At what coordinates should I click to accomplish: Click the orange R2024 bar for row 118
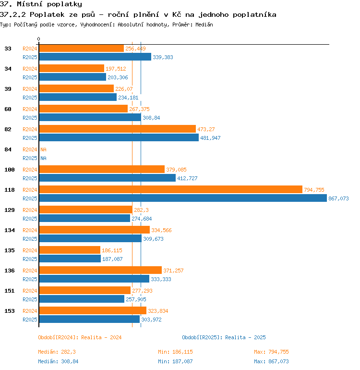point(171,189)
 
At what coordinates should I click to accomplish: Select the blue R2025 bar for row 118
point(183,198)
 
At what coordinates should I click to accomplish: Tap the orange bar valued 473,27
point(118,129)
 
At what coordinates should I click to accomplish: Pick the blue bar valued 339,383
point(95,57)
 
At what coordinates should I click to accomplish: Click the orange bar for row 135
point(70,250)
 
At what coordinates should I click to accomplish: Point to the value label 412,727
point(187,178)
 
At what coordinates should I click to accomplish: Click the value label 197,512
point(116,69)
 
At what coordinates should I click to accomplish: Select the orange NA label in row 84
point(43,149)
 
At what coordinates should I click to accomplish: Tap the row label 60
point(8,109)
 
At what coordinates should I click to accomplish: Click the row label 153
point(10,311)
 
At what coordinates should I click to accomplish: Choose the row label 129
point(10,210)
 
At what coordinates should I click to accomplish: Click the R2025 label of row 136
point(30,279)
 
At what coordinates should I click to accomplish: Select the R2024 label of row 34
point(30,69)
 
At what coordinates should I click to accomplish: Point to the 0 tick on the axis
point(39,39)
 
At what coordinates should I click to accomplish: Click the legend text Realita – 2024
point(101,337)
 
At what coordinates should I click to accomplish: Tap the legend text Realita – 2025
point(245,337)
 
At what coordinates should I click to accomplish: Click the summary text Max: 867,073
point(271,361)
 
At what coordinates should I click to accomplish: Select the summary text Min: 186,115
point(175,352)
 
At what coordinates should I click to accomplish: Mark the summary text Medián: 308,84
point(58,361)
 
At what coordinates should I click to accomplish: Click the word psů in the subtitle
point(88,14)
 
